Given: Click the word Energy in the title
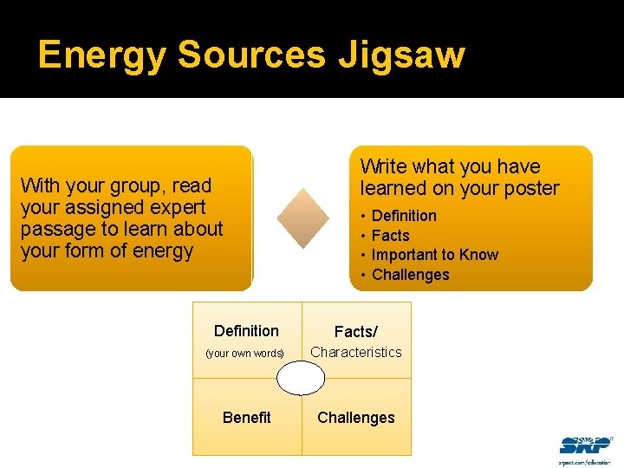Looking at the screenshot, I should point(103,55).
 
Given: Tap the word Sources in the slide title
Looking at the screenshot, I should point(251,55).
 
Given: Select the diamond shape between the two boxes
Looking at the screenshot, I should point(302,218).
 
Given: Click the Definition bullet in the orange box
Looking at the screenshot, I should point(404,215).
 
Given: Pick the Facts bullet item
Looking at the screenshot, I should point(390,235).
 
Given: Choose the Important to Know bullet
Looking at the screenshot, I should point(434,255).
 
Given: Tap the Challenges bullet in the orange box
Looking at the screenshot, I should point(410,275).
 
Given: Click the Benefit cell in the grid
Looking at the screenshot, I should point(246,417).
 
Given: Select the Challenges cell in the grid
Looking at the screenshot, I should point(355,417).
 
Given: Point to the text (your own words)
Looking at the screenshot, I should point(244,354).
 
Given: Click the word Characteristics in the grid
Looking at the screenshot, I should point(356,352).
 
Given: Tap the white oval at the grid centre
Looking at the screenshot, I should point(301,379).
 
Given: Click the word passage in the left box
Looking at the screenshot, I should point(55,230).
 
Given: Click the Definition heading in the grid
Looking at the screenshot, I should point(246,330).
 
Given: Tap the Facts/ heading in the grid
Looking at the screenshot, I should point(355,331).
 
